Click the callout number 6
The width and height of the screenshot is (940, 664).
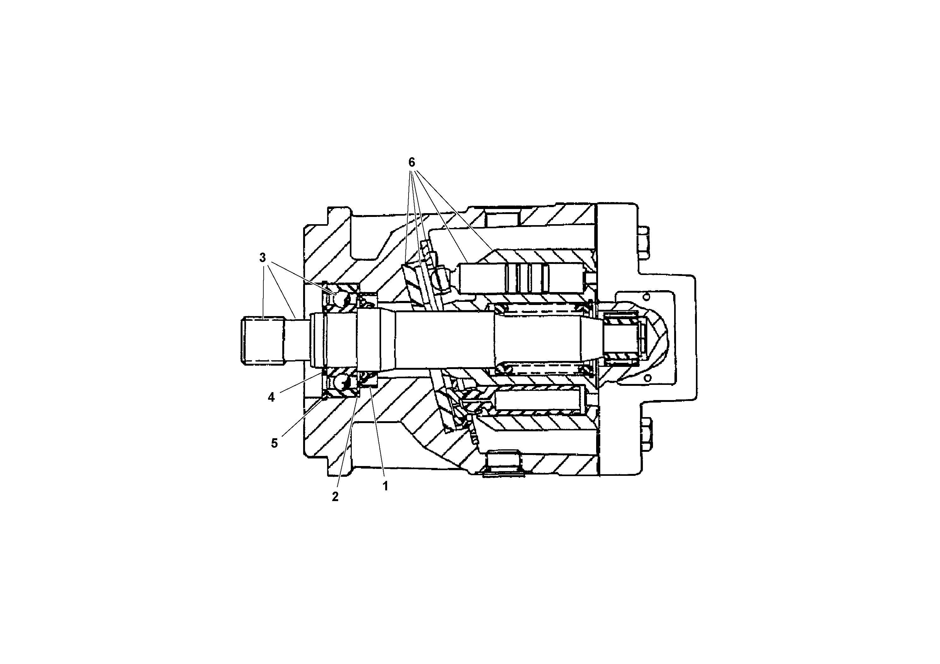click(411, 163)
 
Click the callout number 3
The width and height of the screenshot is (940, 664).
click(262, 258)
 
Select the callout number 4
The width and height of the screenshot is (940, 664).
click(271, 397)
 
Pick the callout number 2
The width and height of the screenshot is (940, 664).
click(335, 497)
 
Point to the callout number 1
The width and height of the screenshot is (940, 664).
click(385, 486)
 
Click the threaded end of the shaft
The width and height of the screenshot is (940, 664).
click(262, 340)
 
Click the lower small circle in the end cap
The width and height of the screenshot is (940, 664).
click(647, 377)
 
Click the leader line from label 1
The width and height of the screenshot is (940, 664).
click(377, 434)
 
